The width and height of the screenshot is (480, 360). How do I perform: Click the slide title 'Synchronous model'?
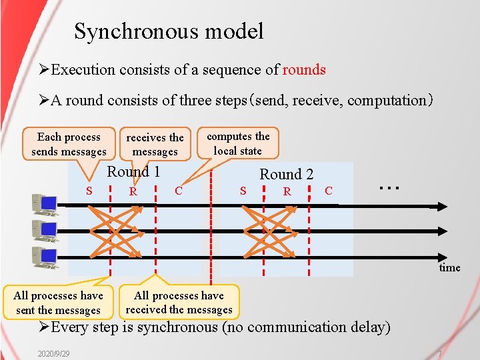click(169, 31)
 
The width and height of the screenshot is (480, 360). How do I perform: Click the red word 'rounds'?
click(304, 70)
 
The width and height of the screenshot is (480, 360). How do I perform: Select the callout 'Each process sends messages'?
click(69, 145)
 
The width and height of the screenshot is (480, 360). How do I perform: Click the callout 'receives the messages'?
click(155, 145)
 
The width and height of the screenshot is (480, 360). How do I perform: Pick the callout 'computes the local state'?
click(238, 143)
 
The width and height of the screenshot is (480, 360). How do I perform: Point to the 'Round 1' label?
click(133, 172)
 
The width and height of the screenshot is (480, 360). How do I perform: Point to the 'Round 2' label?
click(286, 175)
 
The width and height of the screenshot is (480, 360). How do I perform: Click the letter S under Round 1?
click(89, 191)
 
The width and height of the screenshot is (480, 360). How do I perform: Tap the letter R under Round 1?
click(133, 192)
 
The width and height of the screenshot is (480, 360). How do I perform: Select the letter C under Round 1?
click(178, 191)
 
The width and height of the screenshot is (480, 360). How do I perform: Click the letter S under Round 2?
click(243, 191)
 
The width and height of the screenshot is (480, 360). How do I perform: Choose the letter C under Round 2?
click(328, 191)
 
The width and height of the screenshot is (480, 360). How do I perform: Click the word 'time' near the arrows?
click(449, 267)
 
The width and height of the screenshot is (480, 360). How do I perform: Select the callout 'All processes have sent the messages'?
click(58, 303)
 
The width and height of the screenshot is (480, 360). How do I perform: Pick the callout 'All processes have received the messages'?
click(179, 302)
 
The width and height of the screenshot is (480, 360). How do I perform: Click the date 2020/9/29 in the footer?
click(54, 352)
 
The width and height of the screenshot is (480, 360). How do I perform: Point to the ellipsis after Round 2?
click(389, 187)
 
